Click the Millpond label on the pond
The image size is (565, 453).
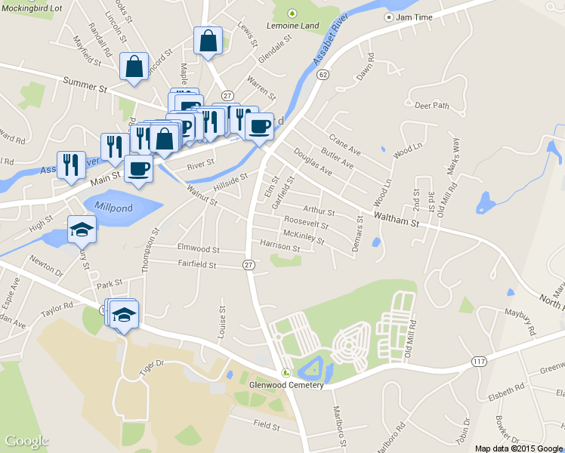pos(115,205)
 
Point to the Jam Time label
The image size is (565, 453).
pos(413,17)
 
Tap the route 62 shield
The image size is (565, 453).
pos(323,74)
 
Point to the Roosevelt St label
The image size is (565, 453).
pos(306,223)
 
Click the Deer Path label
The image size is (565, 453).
pos(432,106)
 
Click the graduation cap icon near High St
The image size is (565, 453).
pos(82,228)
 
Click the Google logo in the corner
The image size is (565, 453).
pos(26,441)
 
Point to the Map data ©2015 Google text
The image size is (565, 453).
pos(519,448)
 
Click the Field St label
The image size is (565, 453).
pos(267,426)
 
